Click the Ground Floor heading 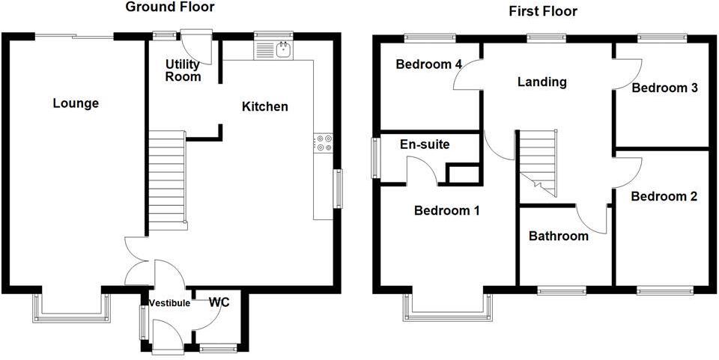click(169, 7)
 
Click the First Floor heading click(542, 11)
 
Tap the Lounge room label click(76, 103)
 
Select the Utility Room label click(183, 70)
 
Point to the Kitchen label click(264, 107)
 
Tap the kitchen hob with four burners click(324, 142)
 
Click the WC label click(219, 302)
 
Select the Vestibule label click(169, 303)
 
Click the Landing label click(542, 82)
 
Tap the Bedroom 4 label click(428, 64)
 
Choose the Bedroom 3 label click(665, 88)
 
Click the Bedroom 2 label click(664, 197)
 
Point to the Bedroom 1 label click(447, 211)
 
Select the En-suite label click(425, 144)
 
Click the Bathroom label click(558, 237)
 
